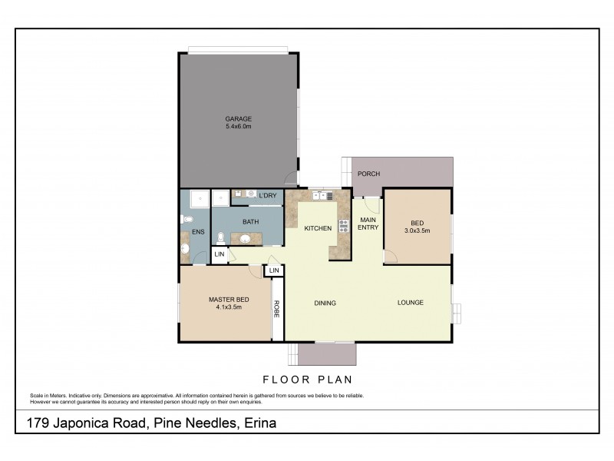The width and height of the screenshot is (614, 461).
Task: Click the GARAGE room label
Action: pos(238,118)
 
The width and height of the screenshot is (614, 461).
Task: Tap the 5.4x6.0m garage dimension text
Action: pos(238,127)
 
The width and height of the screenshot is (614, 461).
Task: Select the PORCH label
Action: pos(369,174)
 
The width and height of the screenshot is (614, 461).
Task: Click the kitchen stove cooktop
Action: pos(344,226)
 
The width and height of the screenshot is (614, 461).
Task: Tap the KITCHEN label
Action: pos(318,228)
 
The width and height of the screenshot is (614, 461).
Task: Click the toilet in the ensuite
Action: pos(187,220)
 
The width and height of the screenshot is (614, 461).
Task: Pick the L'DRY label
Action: pos(267,196)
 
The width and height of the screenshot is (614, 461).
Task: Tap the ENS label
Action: pos(198,231)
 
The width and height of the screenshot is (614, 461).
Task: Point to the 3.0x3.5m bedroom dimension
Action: pos(417,230)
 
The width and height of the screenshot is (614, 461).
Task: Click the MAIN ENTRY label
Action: pos(369,224)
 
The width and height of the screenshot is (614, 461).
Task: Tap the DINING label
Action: pos(325,303)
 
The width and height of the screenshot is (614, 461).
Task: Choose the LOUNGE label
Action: pos(410,303)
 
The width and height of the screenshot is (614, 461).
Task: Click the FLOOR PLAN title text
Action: pos(307,379)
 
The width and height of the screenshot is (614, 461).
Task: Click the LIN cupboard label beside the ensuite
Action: pos(219,254)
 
